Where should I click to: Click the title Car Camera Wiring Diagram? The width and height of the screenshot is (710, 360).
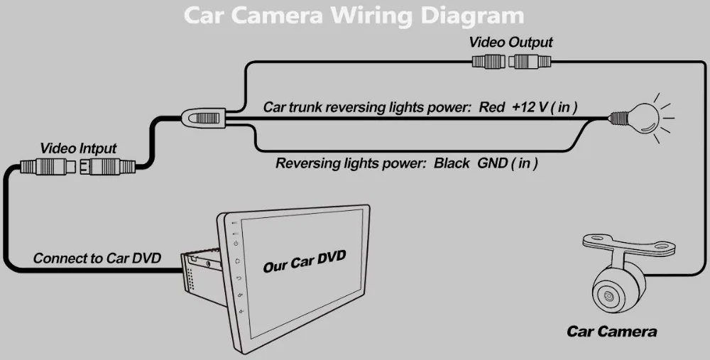point(354,15)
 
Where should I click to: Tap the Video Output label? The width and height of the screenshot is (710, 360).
point(510,43)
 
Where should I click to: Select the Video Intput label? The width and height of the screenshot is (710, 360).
point(78,148)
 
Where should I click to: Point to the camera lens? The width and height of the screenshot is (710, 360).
point(608,293)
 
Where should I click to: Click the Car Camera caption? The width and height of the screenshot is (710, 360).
point(611,332)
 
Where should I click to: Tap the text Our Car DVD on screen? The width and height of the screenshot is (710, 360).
point(304,261)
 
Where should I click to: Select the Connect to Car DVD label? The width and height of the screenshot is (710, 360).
point(97,258)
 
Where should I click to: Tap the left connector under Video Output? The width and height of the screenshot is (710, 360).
point(489,62)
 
